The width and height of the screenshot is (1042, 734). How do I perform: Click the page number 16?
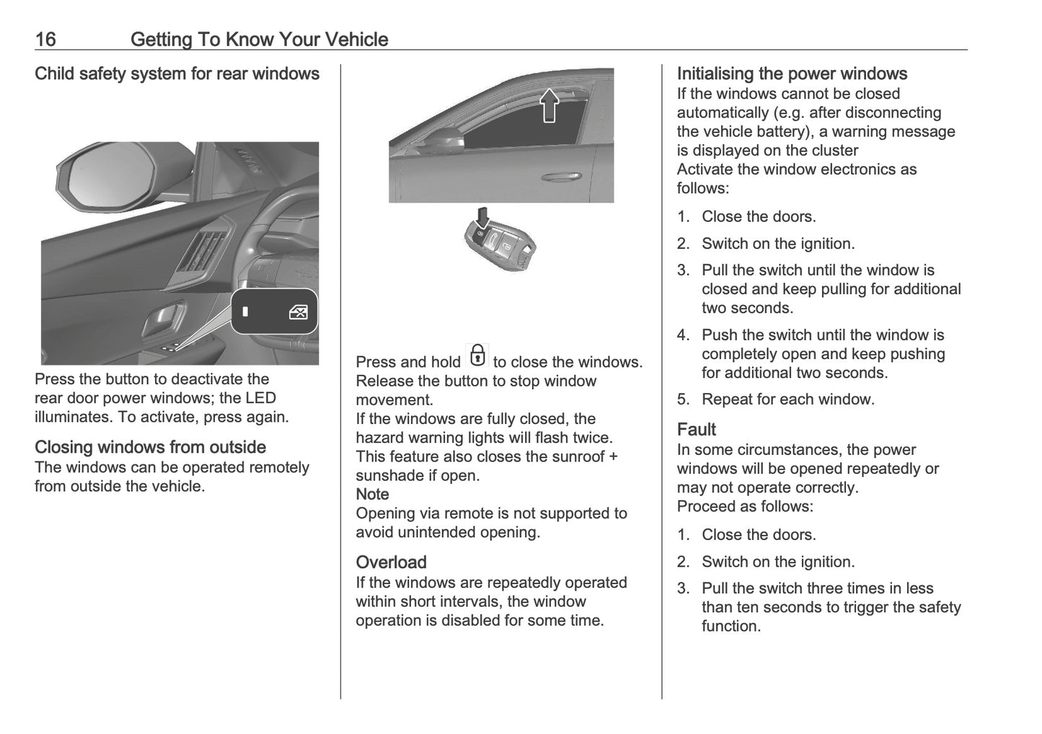pos(45,39)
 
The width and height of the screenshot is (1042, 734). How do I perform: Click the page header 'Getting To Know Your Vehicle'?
pos(259,39)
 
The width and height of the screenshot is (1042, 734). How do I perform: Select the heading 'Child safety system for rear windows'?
pos(177,74)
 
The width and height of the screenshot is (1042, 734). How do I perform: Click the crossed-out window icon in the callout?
pos(298,312)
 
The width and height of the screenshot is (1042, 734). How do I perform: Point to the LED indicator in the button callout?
pos(246,312)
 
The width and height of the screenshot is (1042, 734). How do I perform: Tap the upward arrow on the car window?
pos(549,105)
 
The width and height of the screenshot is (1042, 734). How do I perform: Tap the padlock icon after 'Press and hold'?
pos(477,356)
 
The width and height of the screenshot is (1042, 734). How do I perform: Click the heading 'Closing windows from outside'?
pos(150,447)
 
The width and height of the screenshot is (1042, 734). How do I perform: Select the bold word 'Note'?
pos(372,495)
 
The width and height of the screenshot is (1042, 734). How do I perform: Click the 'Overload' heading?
pos(391,562)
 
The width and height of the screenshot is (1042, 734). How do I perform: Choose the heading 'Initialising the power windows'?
pos(791,74)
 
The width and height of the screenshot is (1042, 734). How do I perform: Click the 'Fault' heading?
pos(696,430)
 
